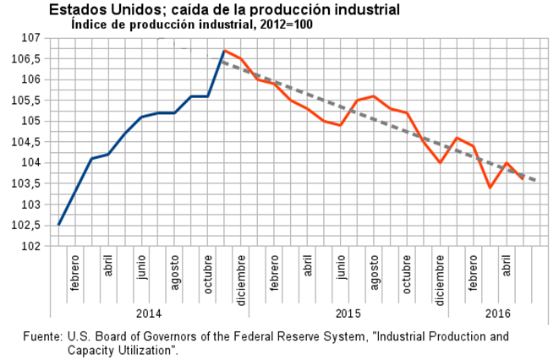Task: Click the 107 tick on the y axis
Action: tap(30, 38)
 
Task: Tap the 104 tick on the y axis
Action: tap(30, 163)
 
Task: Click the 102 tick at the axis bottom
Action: tap(30, 246)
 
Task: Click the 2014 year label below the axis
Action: tap(149, 314)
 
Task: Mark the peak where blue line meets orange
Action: tap(224, 51)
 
